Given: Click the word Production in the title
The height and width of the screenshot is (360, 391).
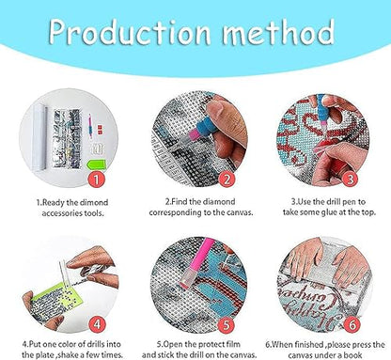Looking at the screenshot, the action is click(x=130, y=31).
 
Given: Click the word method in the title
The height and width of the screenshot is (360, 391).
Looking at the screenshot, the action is click(x=278, y=32).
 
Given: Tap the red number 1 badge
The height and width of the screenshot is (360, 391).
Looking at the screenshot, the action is click(x=97, y=180).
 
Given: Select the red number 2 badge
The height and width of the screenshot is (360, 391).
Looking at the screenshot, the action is click(x=227, y=180).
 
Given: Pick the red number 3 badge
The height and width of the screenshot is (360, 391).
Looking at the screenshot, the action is click(x=350, y=180).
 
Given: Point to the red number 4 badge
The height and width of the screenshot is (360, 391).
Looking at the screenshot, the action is click(x=97, y=324).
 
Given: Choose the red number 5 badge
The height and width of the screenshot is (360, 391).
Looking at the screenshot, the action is click(x=226, y=324).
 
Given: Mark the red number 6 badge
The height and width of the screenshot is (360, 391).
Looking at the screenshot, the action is click(x=352, y=324).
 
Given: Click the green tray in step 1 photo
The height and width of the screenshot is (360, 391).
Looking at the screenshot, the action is click(x=97, y=164).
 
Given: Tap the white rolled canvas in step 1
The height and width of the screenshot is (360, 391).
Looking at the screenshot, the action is click(x=39, y=136).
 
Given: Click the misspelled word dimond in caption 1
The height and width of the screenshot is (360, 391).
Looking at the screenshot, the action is click(x=93, y=202).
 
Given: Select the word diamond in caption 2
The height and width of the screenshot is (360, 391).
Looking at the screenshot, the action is click(x=219, y=201).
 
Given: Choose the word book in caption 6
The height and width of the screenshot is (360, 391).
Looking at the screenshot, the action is click(x=352, y=355).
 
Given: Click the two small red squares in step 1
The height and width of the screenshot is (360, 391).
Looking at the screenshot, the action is click(x=100, y=128).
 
